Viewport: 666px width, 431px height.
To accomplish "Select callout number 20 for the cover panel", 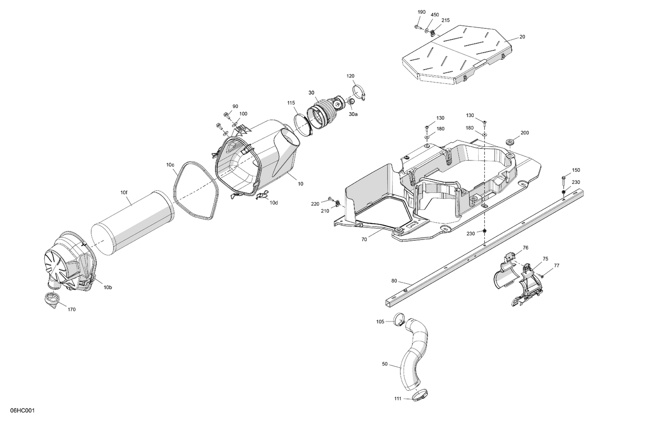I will (522, 37).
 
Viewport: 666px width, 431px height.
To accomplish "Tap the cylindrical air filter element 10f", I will (133, 222).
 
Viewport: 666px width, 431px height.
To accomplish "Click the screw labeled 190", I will (418, 27).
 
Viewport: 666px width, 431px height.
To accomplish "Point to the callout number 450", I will (435, 15).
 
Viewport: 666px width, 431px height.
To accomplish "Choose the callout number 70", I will (364, 239).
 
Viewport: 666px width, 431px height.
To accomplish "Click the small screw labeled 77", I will (542, 276).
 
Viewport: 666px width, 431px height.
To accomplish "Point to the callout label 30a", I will (353, 114).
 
